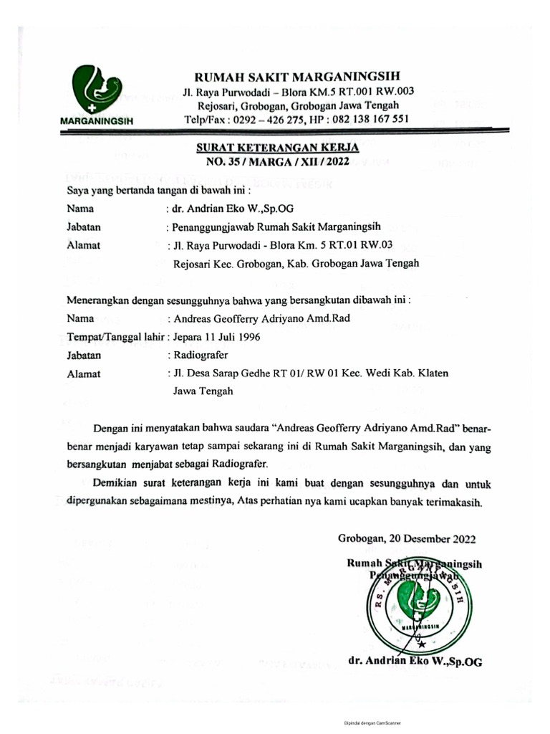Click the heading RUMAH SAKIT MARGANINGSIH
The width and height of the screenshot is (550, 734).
click(x=298, y=77)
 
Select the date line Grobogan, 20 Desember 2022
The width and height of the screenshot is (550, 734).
click(x=406, y=538)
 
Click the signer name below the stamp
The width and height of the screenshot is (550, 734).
click(x=415, y=662)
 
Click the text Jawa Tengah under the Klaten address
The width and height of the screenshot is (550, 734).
click(x=203, y=391)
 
